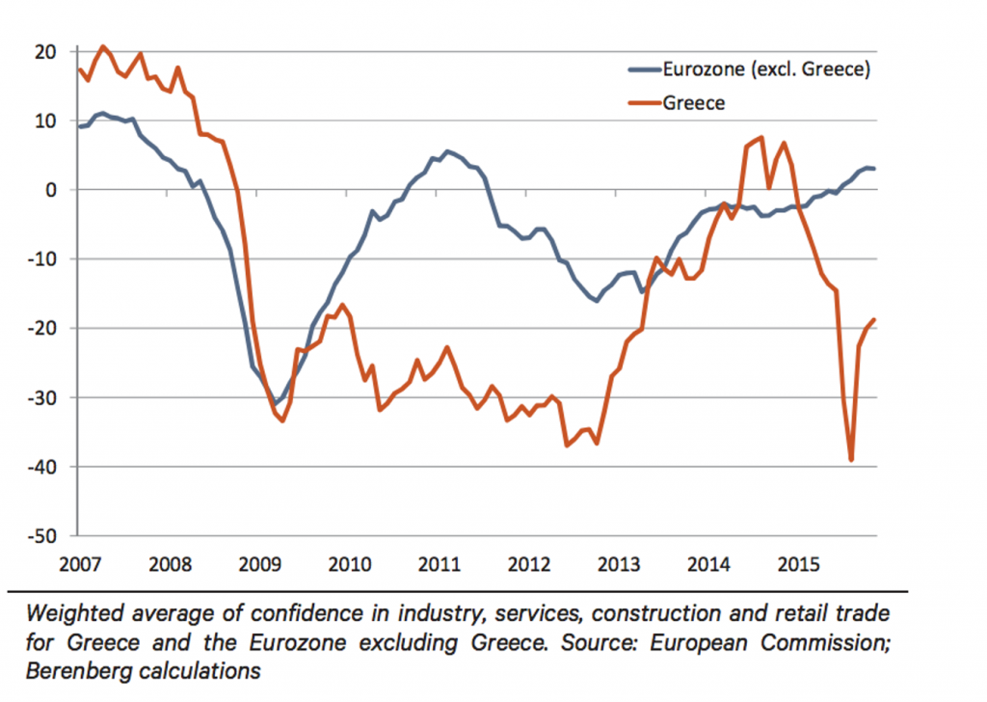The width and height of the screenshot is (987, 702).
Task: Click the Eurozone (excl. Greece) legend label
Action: pos(766,70)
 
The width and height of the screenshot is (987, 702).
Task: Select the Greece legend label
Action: pos(693,102)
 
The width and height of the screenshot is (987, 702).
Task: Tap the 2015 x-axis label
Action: pos(798,562)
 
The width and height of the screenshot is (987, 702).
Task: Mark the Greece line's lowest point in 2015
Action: pos(851,460)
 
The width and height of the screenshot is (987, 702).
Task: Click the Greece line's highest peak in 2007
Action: pos(103,46)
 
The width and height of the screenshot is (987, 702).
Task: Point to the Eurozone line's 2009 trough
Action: pos(276,403)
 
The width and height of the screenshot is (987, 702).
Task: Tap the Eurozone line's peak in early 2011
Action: pos(447,151)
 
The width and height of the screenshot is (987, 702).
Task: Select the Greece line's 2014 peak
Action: pos(761,137)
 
